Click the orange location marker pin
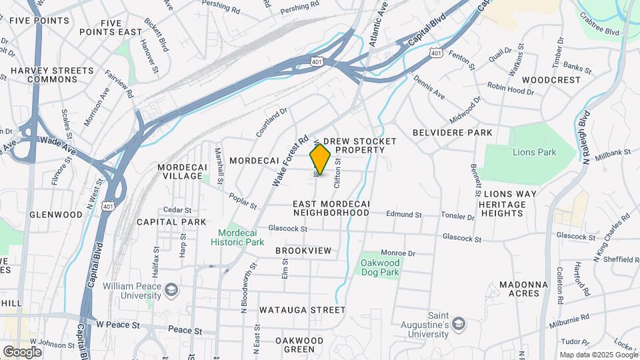click(x=321, y=159)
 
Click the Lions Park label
click(x=534, y=152)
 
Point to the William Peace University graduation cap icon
click(x=172, y=289)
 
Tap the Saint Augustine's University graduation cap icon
click(x=459, y=323)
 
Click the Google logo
click(x=22, y=351)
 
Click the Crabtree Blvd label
click(x=599, y=24)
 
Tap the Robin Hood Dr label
click(x=510, y=87)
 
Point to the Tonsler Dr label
click(x=457, y=217)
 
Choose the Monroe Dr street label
click(x=398, y=253)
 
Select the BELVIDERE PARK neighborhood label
click(x=452, y=133)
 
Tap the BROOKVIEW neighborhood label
click(x=303, y=250)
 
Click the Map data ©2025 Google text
click(x=598, y=355)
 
